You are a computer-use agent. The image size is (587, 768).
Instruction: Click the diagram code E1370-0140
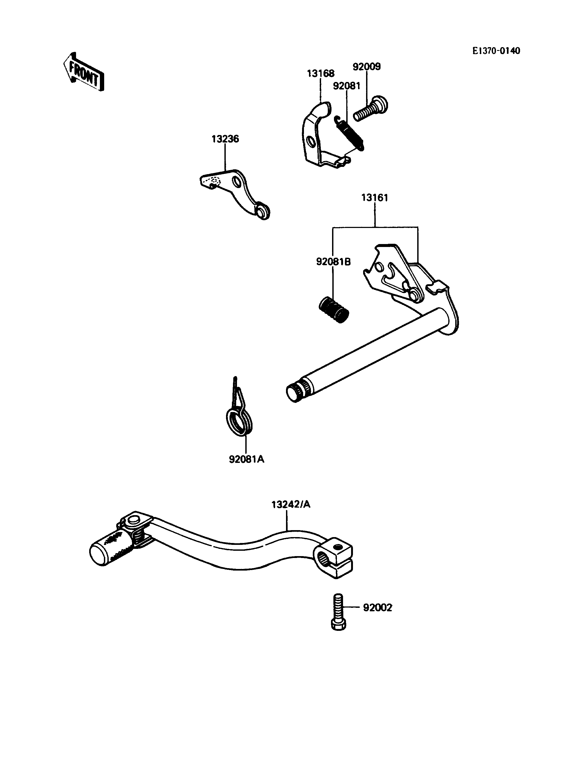[x=496, y=51]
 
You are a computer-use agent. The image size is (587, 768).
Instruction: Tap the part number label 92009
[x=367, y=66]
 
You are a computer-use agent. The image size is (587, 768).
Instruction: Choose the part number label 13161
[x=375, y=198]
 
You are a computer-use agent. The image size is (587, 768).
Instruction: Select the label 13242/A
[x=291, y=504]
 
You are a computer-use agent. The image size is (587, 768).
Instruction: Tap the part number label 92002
[x=377, y=608]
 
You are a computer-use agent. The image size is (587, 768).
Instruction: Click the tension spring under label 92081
[x=349, y=133]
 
